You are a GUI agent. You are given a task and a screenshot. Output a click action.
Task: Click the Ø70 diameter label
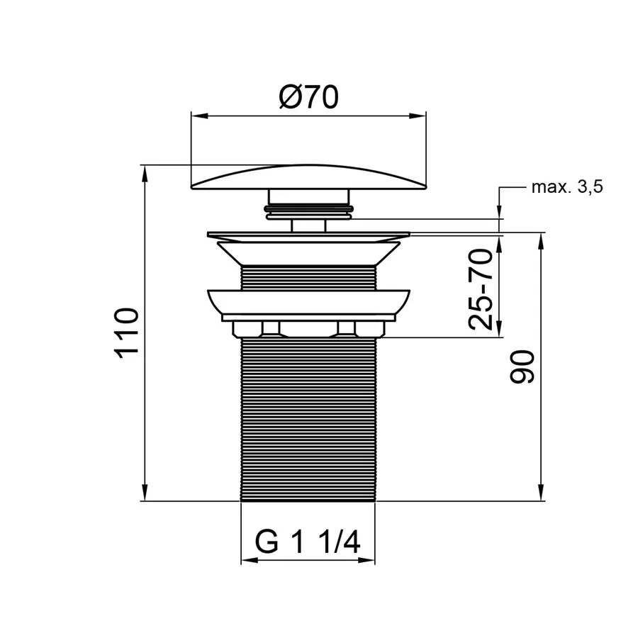[x=309, y=97]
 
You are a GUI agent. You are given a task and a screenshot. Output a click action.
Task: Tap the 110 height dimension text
[x=127, y=333]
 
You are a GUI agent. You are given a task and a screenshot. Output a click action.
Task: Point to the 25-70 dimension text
[x=481, y=289]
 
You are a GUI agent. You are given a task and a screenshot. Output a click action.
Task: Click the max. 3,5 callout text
[x=567, y=187]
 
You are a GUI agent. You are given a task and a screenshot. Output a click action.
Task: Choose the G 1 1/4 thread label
[x=308, y=542]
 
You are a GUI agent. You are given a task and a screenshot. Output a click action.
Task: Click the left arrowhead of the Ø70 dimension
[x=199, y=116]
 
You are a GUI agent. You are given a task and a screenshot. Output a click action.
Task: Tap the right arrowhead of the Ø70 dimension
[x=418, y=116]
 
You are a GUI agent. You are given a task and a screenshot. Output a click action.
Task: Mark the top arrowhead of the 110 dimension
[x=145, y=174]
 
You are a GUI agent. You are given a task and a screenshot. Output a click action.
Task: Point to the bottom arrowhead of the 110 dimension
[x=145, y=493]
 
